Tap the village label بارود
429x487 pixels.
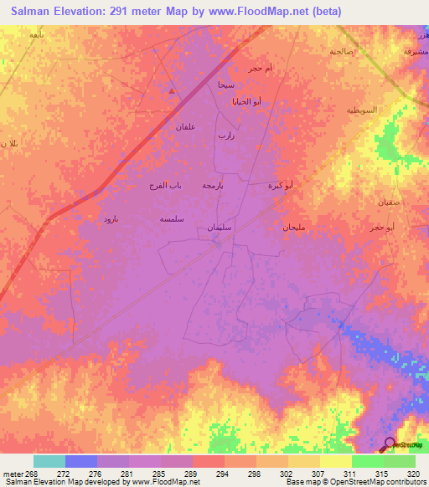(111, 218)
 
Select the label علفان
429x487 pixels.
(185, 126)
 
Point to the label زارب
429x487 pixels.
(225, 135)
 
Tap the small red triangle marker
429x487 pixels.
(173, 90)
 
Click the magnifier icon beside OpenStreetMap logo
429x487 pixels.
(390, 444)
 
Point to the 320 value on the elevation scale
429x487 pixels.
(410, 474)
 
